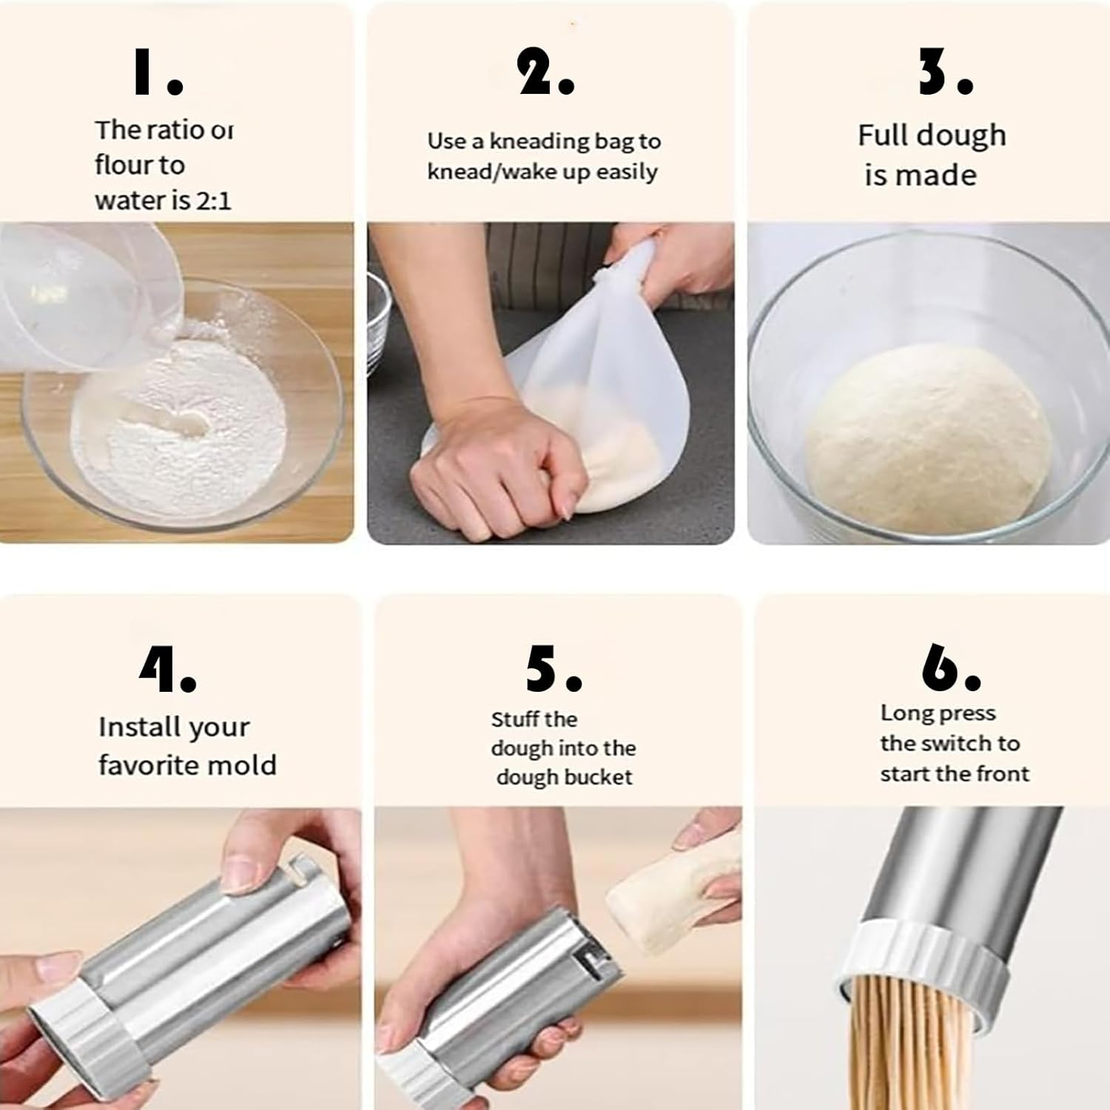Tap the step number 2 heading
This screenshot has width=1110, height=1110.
click(x=545, y=75)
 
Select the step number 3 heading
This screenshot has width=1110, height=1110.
click(x=945, y=75)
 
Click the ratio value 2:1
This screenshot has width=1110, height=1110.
click(x=213, y=201)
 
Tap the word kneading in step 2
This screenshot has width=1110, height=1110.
click(x=536, y=141)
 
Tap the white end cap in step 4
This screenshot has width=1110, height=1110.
click(x=67, y=1036)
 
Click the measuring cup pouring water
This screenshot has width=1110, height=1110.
click(x=81, y=296)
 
